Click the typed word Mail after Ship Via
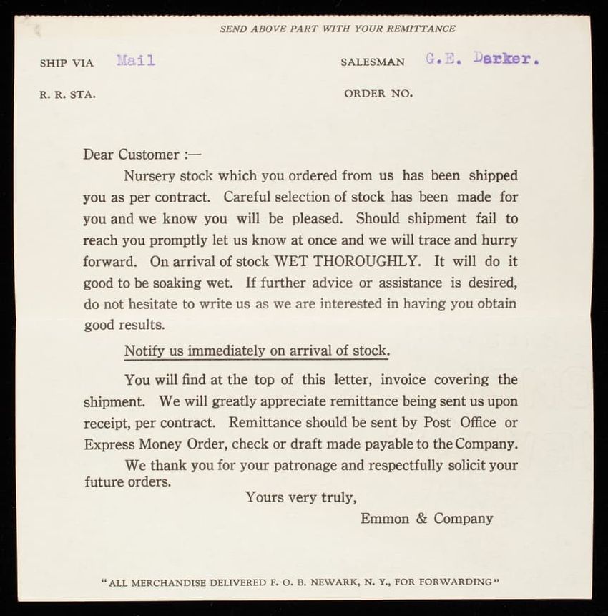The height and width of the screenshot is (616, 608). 135,61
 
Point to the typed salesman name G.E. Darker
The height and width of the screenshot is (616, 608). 481,59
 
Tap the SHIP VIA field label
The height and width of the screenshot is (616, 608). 67,63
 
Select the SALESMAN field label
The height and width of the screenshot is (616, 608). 372,62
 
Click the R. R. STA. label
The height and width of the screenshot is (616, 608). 67,94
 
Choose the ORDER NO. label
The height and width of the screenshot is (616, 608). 378,94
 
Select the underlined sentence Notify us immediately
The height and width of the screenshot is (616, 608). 257,351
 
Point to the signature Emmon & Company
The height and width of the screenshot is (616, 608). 426,519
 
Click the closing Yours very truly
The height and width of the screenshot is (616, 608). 300,497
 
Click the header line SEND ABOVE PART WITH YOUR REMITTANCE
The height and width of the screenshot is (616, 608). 337,29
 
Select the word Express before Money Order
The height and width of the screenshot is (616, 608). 109,444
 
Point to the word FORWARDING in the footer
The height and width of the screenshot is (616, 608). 455,582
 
